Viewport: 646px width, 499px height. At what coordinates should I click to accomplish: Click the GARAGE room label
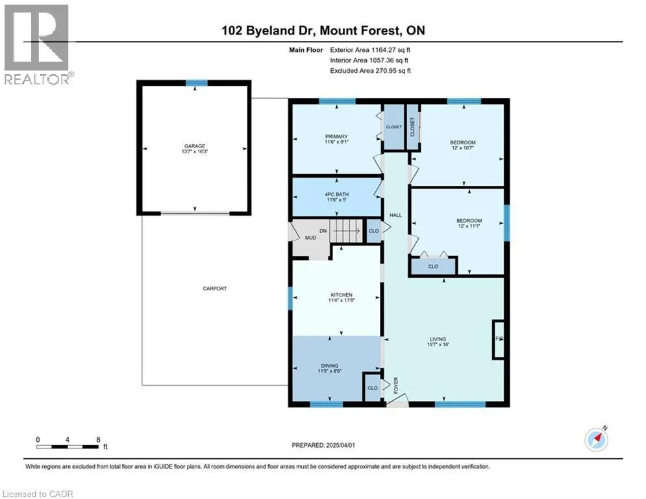click(x=195, y=146)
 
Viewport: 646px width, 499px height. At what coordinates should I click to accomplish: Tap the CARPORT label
click(x=215, y=288)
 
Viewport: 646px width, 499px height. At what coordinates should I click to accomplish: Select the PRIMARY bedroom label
click(x=336, y=136)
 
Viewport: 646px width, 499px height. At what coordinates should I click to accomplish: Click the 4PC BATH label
click(x=336, y=194)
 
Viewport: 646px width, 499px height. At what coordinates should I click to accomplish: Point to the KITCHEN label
click(x=342, y=295)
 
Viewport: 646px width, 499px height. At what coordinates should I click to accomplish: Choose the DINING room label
click(x=330, y=366)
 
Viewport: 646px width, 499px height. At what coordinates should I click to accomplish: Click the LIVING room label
click(x=438, y=339)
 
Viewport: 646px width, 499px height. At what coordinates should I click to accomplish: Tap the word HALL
click(x=395, y=215)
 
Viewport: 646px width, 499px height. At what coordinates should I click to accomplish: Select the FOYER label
click(x=396, y=385)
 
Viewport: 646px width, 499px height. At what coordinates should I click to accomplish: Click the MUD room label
click(x=310, y=238)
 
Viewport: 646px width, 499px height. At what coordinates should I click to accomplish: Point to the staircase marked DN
click(x=347, y=231)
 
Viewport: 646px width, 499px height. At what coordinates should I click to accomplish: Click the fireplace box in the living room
click(x=499, y=339)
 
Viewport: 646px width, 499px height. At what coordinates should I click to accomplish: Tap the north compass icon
click(x=597, y=440)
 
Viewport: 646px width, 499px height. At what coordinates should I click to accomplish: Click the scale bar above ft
click(x=67, y=446)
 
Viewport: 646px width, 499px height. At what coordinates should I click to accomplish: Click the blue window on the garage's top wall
click(x=196, y=83)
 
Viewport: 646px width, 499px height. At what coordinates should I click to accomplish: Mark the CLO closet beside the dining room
click(x=373, y=388)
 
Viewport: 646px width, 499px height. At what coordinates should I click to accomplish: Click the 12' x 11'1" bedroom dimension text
click(x=469, y=226)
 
